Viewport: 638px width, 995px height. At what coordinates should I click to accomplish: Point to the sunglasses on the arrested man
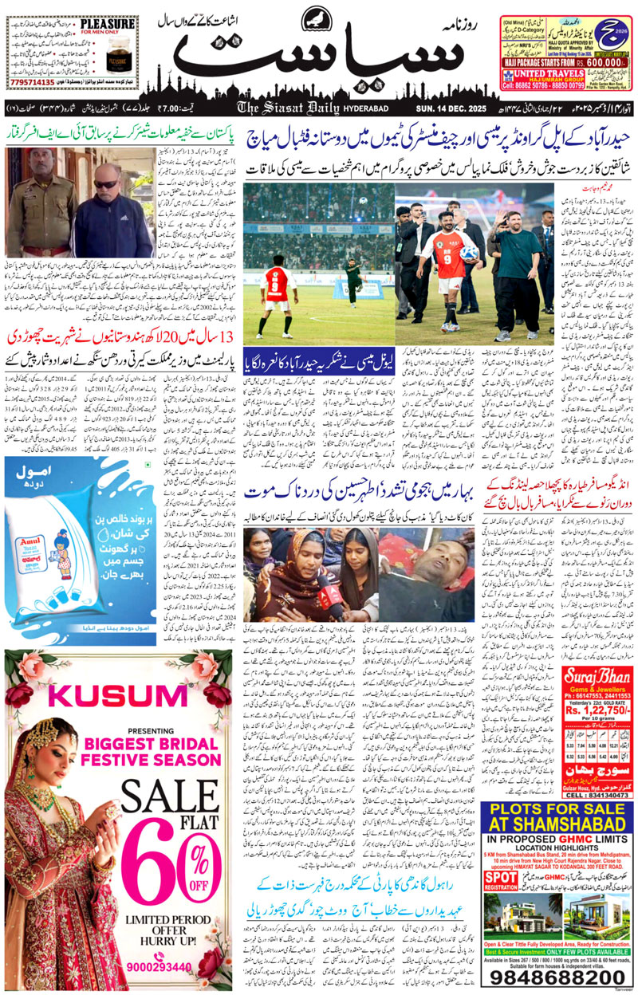[106, 183]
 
